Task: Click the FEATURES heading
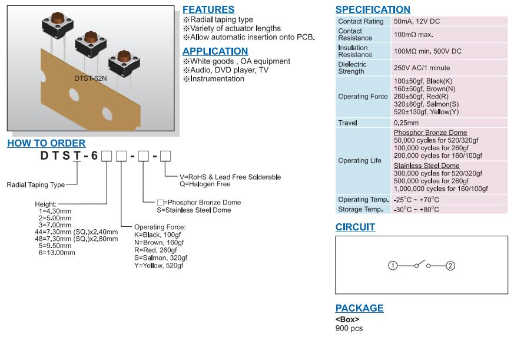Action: pyautogui.click(x=208, y=9)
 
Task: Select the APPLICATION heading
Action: pyautogui.click(x=215, y=51)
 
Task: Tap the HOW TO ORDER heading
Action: pyautogui.click(x=47, y=143)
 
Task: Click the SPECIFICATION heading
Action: pyautogui.click(x=373, y=9)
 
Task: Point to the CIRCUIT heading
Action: pyautogui.click(x=355, y=227)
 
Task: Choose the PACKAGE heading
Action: pyautogui.click(x=359, y=308)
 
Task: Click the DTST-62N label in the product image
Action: pyautogui.click(x=91, y=78)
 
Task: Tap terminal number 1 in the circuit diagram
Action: pyautogui.click(x=393, y=266)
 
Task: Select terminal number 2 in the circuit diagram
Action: pyautogui.click(x=450, y=266)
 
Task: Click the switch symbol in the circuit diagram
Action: pyautogui.click(x=422, y=265)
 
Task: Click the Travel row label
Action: pyautogui.click(x=347, y=123)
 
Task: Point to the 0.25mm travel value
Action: pyautogui.click(x=406, y=123)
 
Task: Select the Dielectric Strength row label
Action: pyautogui.click(x=352, y=68)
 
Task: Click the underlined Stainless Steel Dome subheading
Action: pyautogui.click(x=426, y=166)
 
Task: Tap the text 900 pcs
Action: pyautogui.click(x=349, y=328)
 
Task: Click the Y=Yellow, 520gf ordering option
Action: pyautogui.click(x=158, y=266)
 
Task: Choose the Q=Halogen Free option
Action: pyautogui.click(x=205, y=184)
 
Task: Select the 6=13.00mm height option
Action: pyautogui.click(x=57, y=253)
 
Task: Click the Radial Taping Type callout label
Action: pyautogui.click(x=36, y=185)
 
